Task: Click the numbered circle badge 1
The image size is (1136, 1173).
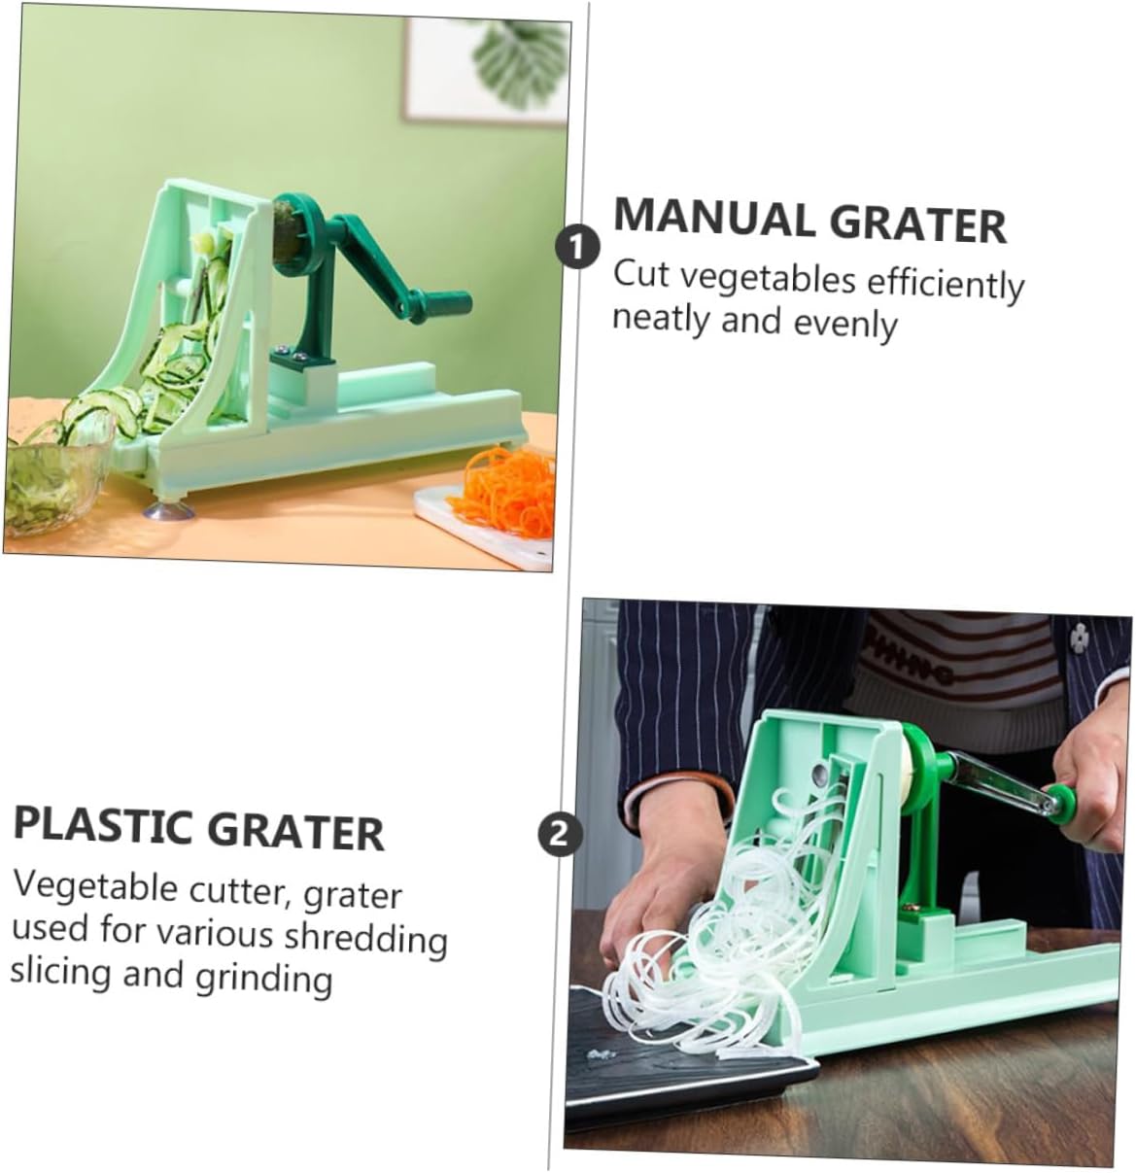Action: coord(577,247)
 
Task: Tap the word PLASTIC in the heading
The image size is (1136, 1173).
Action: coord(102,826)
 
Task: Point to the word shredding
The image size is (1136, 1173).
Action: coord(365,937)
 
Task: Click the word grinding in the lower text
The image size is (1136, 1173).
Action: coord(263,976)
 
